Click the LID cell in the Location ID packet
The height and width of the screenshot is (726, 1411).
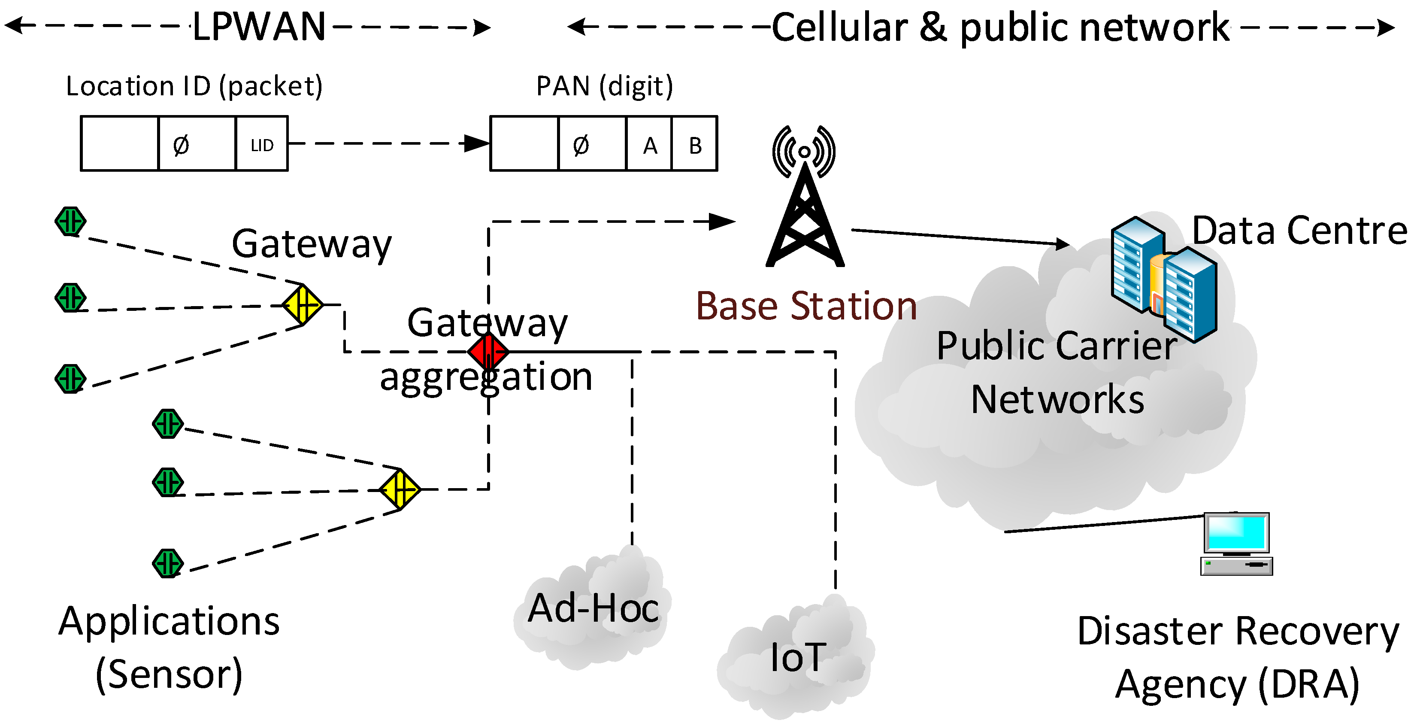click(262, 144)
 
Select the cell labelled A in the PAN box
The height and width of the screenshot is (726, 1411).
click(649, 144)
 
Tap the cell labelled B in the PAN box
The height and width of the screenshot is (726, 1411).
click(694, 144)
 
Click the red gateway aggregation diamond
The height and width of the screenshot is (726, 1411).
click(488, 351)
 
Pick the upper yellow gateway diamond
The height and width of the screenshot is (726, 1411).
click(303, 305)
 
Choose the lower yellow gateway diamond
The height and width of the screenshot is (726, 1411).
click(400, 489)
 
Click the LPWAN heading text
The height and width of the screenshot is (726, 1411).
click(259, 26)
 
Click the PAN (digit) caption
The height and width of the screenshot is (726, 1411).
click(604, 86)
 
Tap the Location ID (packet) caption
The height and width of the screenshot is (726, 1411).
click(194, 86)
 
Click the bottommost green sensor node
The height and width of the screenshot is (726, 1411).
click(168, 563)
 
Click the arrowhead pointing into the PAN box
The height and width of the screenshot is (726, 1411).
click(476, 143)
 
